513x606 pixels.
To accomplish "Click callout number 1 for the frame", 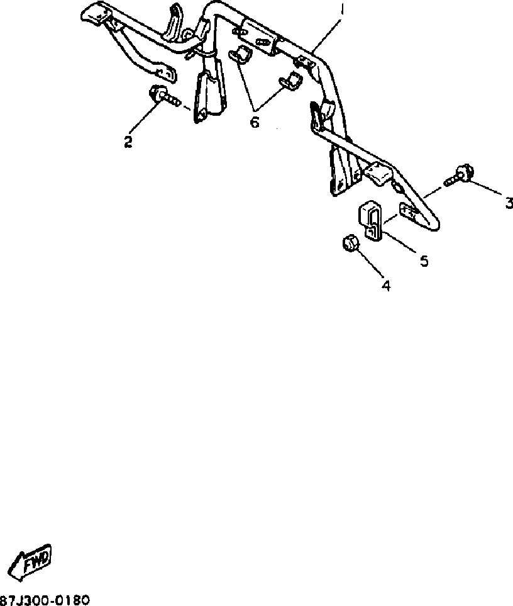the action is click(x=341, y=11).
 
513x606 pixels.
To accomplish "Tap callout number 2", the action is click(x=128, y=142).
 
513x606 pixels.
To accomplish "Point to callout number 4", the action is click(x=386, y=285).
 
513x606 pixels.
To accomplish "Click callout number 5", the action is click(x=424, y=260).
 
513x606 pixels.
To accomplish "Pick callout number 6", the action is click(x=254, y=121).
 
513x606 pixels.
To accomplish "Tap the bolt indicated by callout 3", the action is click(x=460, y=175).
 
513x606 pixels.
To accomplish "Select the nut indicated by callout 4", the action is click(x=350, y=243).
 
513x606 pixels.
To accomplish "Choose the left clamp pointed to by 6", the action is click(x=241, y=55).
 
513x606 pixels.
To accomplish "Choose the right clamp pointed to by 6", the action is click(x=291, y=82).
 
